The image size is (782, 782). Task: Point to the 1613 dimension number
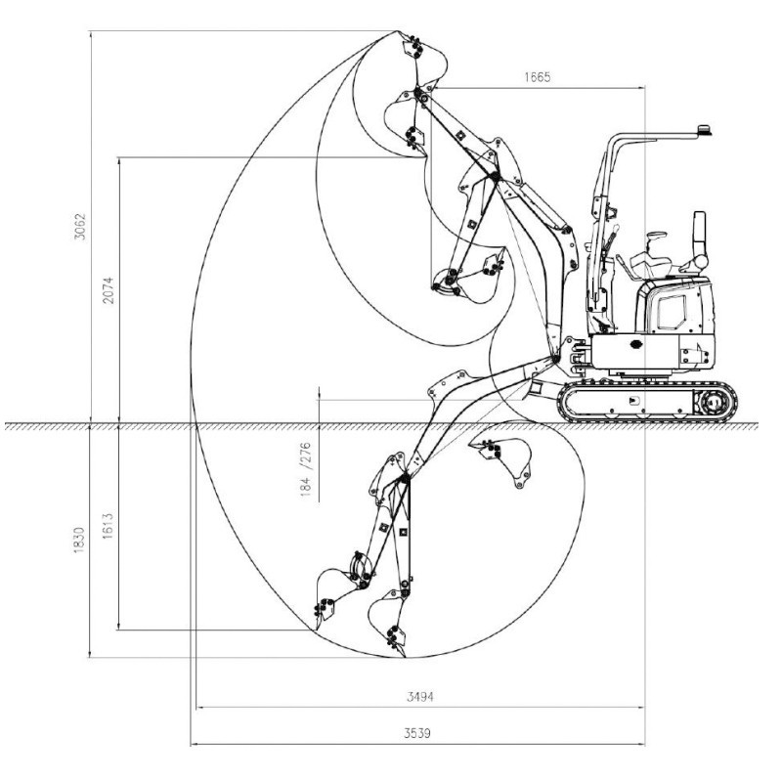point(109,528)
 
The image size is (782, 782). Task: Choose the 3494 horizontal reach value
point(420,697)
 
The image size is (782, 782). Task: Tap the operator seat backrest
point(699,235)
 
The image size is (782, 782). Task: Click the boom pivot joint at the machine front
point(557,359)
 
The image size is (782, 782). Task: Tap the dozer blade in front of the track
point(537,388)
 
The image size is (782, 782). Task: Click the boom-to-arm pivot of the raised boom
point(495,177)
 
